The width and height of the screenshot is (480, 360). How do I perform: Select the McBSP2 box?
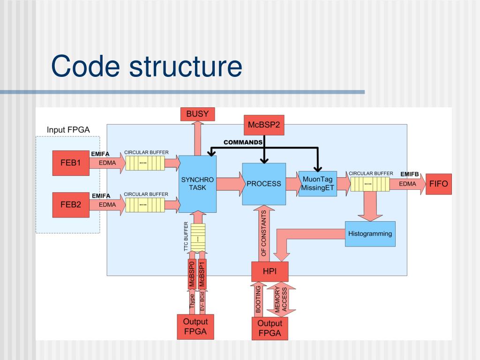(x=263, y=125)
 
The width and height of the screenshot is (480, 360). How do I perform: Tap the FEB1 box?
(x=71, y=163)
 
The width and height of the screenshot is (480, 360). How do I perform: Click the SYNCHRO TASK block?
(x=197, y=184)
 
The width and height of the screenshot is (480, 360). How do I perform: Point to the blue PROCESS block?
(x=264, y=184)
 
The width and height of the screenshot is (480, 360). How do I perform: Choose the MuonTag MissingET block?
(x=317, y=184)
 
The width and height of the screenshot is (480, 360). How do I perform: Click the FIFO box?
(x=438, y=184)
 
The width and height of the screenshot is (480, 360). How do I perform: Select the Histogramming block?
(x=370, y=234)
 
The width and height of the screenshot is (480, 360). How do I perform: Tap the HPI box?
(x=270, y=270)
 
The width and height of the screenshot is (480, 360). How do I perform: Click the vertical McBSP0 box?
(x=192, y=274)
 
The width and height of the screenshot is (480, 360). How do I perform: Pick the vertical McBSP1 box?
(x=202, y=274)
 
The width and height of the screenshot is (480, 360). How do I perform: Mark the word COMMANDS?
(x=243, y=142)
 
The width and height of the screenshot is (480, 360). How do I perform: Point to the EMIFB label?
(x=409, y=174)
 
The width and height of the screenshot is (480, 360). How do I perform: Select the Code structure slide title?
(x=146, y=66)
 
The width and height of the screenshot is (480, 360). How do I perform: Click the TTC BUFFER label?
(x=186, y=237)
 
